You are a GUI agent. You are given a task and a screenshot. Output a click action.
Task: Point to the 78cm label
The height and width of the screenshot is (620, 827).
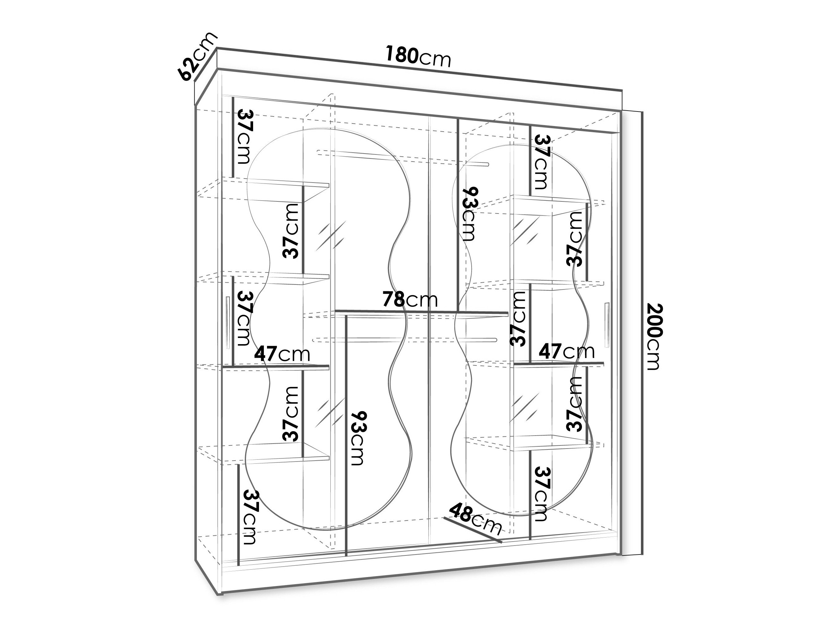coord(410,299)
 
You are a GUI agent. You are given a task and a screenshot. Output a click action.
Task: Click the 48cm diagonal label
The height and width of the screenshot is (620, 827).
coord(475,520)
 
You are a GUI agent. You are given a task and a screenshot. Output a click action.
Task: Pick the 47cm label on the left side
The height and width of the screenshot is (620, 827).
coord(282,353)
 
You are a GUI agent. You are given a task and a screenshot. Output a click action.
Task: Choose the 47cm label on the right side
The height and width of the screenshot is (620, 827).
coord(566,352)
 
